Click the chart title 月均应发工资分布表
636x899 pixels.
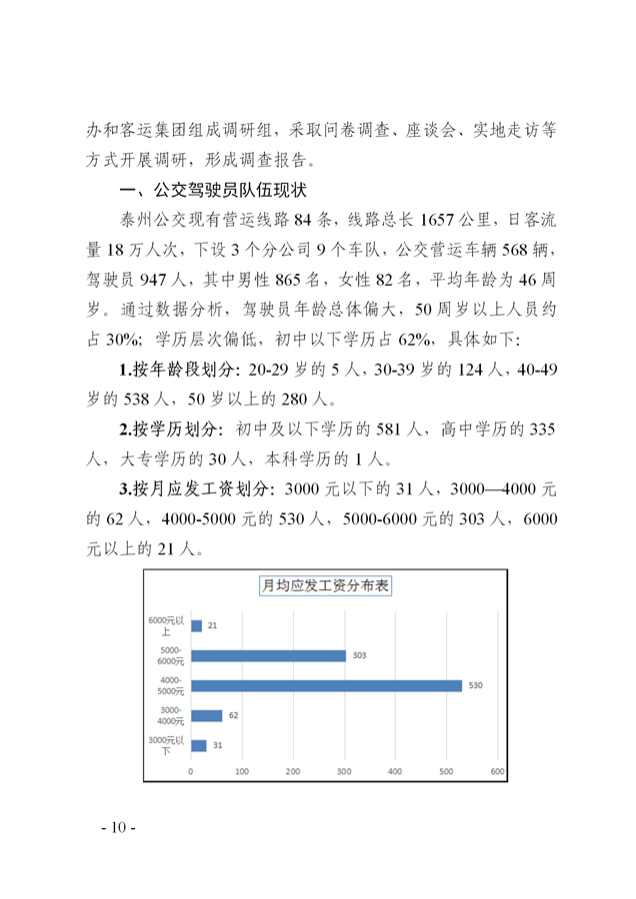pos(325,586)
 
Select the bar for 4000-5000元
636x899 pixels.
pos(326,685)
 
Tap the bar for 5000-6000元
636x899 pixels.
pos(268,655)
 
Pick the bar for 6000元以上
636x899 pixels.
pos(196,625)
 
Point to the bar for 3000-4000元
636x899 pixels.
pos(206,715)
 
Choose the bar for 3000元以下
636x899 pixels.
pos(198,745)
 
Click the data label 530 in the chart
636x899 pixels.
pos(475,685)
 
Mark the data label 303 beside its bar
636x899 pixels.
pos(359,655)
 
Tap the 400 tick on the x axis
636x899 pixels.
pos(395,771)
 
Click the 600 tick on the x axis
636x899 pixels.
pos(497,771)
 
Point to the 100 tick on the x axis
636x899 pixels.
pos(242,771)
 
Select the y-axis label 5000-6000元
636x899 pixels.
pos(172,656)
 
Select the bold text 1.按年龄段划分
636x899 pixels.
pos(178,371)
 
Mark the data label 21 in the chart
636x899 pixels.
pos(212,625)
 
